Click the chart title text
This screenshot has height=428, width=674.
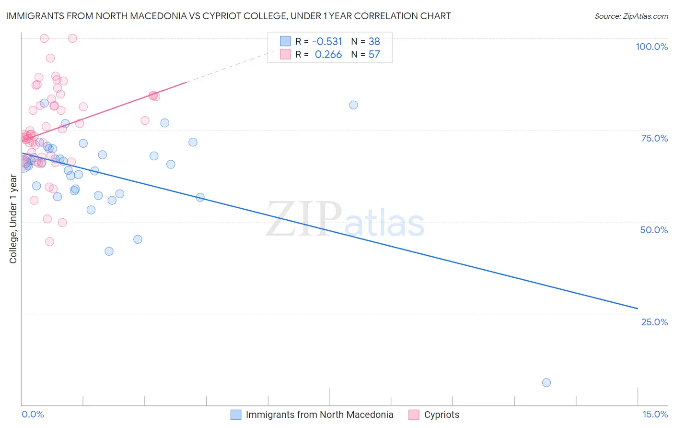coord(228,16)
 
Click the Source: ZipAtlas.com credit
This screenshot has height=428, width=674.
coord(631,16)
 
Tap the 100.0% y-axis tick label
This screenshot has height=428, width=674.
coord(651,47)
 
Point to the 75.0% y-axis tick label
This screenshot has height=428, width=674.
coord(654,138)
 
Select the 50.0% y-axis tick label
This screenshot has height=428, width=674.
coord(654,230)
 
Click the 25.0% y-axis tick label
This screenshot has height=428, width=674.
coord(654,321)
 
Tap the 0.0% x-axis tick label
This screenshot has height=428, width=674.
coord(33,414)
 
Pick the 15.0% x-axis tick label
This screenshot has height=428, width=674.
coord(655,414)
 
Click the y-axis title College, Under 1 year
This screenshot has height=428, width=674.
coord(13,219)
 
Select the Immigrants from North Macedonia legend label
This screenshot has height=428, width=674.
coord(319,415)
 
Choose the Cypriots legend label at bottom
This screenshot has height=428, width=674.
coord(442,415)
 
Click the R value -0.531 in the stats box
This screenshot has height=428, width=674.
coord(327,41)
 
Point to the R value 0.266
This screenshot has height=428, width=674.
coord(328,54)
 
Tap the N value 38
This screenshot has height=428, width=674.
coord(374,41)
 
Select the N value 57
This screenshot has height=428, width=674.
coord(374,54)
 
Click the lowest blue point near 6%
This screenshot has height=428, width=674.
coord(546,382)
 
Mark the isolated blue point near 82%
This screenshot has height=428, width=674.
coord(353,105)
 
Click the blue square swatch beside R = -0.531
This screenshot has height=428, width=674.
coord(285,41)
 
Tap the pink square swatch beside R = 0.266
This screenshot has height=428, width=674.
coord(285,54)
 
